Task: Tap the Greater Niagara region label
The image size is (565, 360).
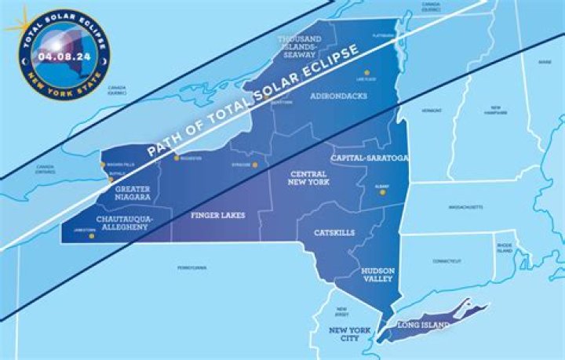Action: tap(133, 194)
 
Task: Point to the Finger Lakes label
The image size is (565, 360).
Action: tap(218, 214)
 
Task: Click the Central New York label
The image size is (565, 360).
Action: tap(308, 178)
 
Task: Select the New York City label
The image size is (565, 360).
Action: tap(349, 335)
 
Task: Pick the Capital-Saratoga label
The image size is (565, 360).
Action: tap(370, 158)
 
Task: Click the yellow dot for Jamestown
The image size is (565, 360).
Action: tap(91, 235)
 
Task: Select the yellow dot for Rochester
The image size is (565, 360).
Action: tap(175, 158)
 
